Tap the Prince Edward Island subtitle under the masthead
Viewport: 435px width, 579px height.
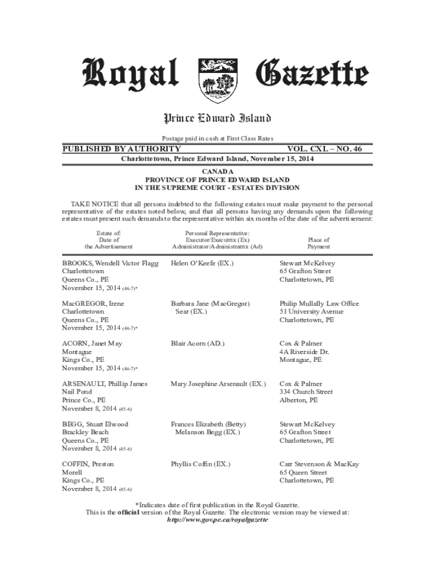click(217, 118)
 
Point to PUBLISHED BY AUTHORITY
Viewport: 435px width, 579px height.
click(121, 149)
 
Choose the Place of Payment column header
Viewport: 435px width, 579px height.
click(319, 243)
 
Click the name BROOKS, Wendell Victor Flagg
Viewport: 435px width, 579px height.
click(110, 263)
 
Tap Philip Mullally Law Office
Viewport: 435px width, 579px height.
click(319, 304)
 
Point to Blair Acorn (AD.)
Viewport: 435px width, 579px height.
click(198, 344)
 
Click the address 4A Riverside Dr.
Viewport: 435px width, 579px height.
click(304, 352)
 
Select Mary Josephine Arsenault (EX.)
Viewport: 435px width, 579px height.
click(218, 384)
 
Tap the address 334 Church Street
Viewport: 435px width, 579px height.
click(306, 392)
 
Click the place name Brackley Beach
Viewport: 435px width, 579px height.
click(85, 432)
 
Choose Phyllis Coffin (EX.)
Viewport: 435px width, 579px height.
click(201, 464)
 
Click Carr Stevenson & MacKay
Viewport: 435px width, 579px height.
click(319, 464)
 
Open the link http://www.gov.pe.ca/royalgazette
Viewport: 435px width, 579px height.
click(217, 520)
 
